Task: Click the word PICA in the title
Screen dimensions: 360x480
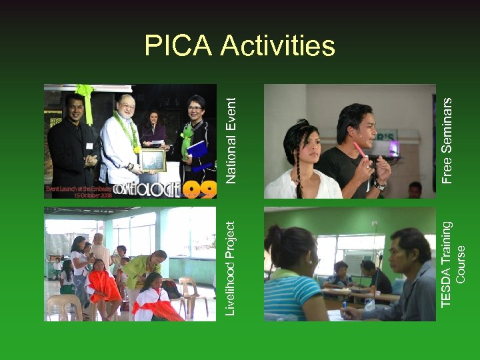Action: [x=178, y=45]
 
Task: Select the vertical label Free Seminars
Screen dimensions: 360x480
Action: [x=448, y=140]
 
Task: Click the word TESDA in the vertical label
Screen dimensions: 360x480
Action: [x=447, y=287]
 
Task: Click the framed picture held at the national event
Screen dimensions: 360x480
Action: [x=153, y=160]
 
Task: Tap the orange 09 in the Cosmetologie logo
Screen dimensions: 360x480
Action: [x=200, y=189]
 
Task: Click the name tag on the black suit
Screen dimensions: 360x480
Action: [x=89, y=145]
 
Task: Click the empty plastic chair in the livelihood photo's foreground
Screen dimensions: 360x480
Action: [x=64, y=307]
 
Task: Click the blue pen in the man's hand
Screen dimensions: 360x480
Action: [x=345, y=306]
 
